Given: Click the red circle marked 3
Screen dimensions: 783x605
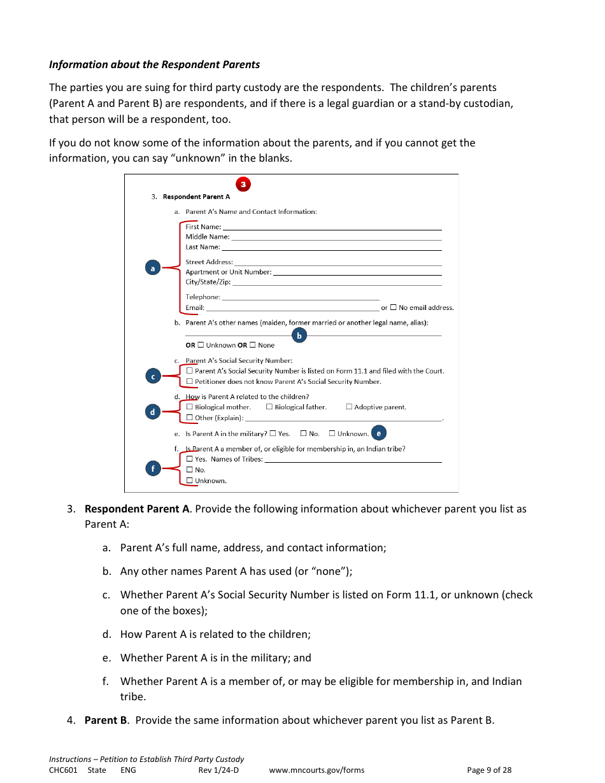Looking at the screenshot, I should [x=243, y=185].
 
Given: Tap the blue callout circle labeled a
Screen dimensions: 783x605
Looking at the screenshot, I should [x=152, y=269].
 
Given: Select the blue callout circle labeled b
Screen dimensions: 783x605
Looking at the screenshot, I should [x=299, y=335].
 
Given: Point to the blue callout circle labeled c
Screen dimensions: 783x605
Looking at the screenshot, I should [x=152, y=376].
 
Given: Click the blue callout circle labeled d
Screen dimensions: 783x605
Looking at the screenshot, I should [x=152, y=412].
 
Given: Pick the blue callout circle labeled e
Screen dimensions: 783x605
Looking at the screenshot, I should [x=378, y=434].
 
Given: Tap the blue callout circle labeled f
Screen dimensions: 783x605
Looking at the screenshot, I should [x=152, y=469].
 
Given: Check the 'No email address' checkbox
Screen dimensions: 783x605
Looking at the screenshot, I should [x=393, y=307].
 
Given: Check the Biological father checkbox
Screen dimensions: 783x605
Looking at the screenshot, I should [x=269, y=407].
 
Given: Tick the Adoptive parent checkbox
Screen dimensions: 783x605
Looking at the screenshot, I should [x=349, y=407].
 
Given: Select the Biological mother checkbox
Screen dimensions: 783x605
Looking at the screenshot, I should [x=190, y=407].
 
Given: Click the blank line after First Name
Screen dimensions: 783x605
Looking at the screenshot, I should [x=331, y=228].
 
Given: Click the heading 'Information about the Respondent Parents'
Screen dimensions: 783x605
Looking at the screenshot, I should [x=155, y=64].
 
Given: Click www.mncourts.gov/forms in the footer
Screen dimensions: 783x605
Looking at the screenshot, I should [x=317, y=770].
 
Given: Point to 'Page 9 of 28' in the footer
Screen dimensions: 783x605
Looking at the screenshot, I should [x=489, y=770].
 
